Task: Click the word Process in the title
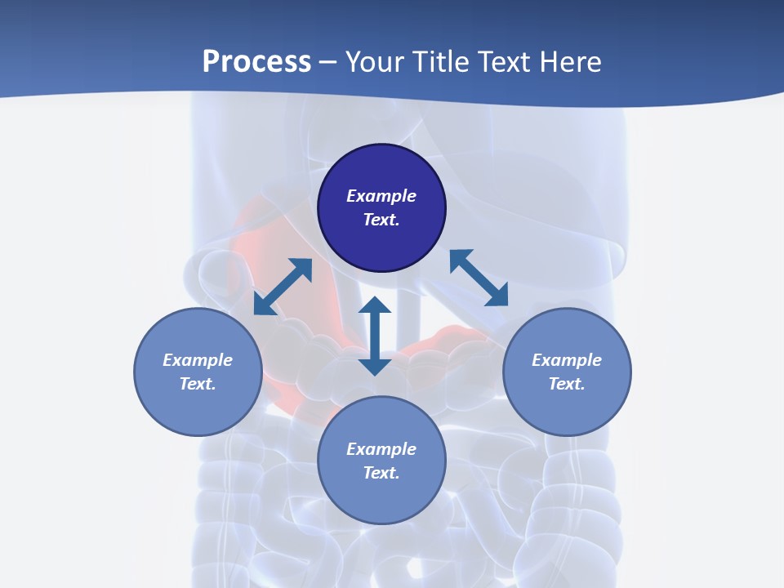tap(256, 62)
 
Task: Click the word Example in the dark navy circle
tap(381, 196)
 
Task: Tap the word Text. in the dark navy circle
tap(381, 220)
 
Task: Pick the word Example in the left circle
tap(198, 360)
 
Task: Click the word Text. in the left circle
tap(198, 384)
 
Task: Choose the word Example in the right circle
tap(567, 360)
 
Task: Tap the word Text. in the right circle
tap(567, 384)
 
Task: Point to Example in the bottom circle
tap(381, 449)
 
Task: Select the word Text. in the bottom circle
tap(381, 473)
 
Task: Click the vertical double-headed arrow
tap(375, 336)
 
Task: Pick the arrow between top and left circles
tap(283, 287)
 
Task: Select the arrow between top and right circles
tap(479, 278)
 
